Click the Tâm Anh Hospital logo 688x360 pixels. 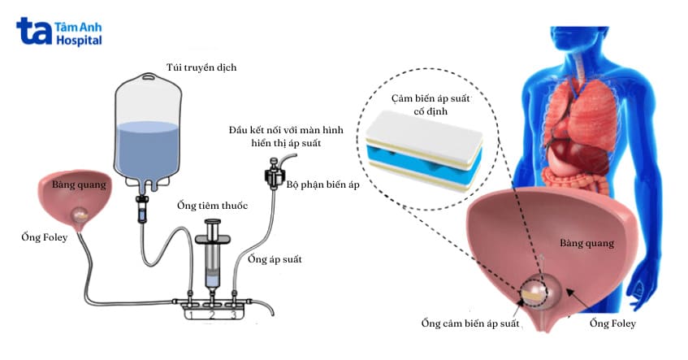[x=58, y=31]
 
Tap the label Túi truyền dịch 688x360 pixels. [x=201, y=67]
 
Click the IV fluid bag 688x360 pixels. [x=148, y=131]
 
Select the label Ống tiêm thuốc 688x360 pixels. [x=212, y=206]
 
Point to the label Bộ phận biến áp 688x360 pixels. [x=323, y=184]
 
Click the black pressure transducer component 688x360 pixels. [x=275, y=175]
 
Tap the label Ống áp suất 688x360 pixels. [x=275, y=259]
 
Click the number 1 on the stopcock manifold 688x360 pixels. [x=191, y=314]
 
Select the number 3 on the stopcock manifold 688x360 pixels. [x=233, y=314]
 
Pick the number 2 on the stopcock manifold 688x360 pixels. [x=212, y=314]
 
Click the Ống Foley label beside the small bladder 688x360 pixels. [x=45, y=237]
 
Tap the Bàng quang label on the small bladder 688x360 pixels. [x=79, y=184]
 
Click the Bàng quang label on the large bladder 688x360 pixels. [x=586, y=243]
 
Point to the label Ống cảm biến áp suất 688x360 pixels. [x=470, y=323]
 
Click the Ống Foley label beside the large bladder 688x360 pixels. [x=612, y=323]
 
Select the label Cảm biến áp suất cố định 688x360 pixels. [x=431, y=105]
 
